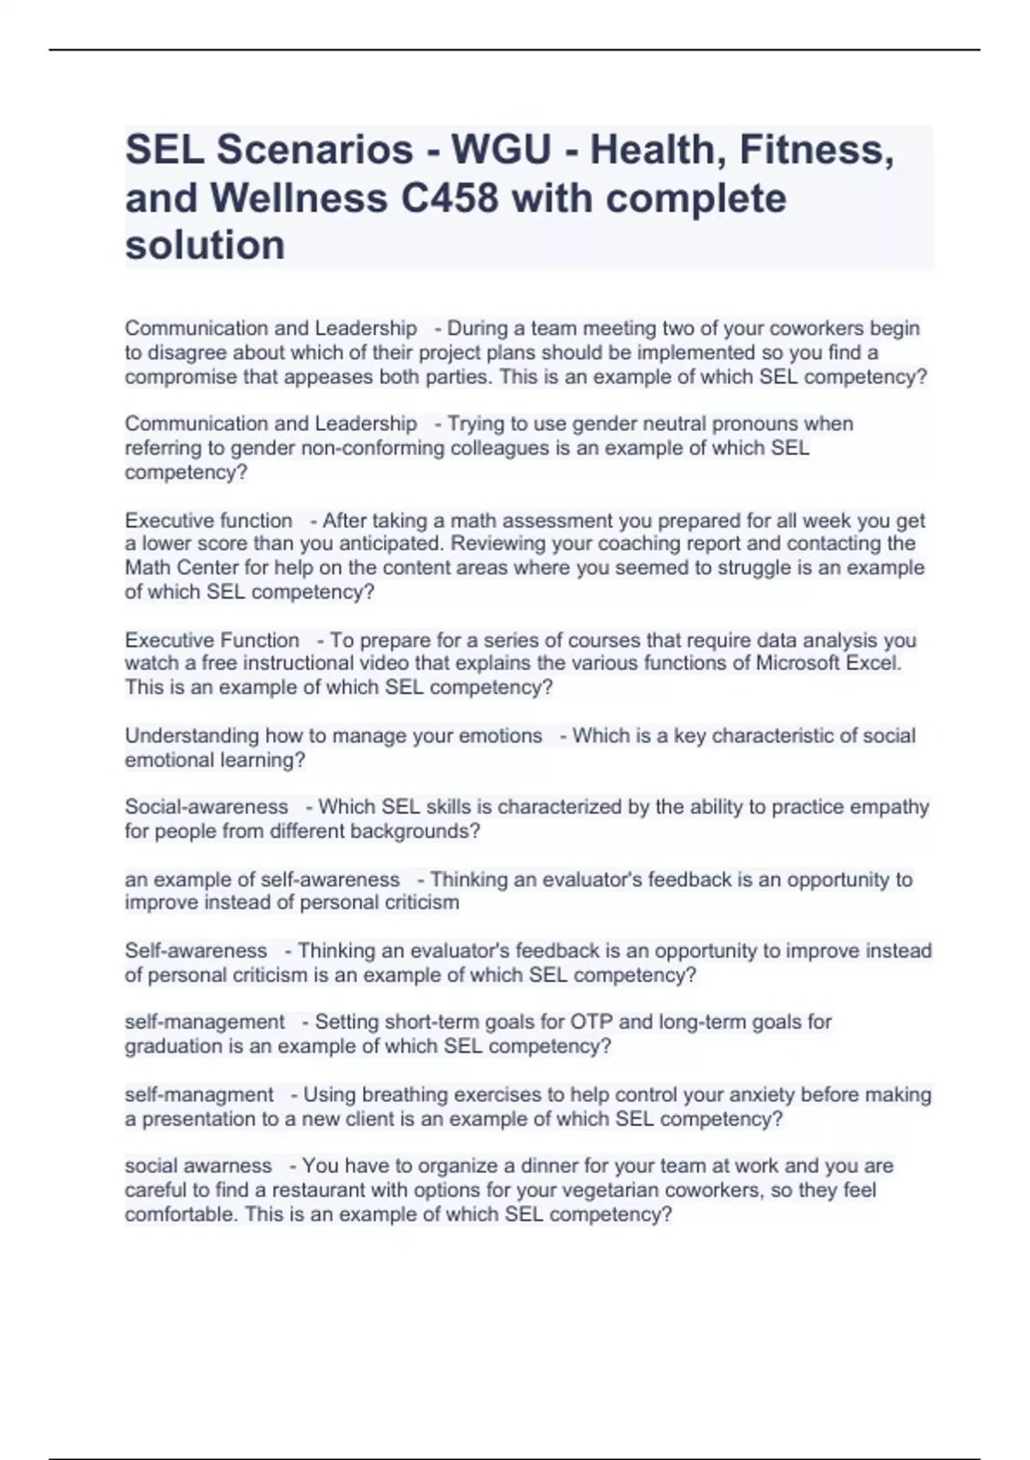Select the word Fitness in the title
click(x=816, y=150)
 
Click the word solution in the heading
click(x=205, y=246)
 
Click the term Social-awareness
click(x=206, y=807)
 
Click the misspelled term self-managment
click(x=199, y=1095)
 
